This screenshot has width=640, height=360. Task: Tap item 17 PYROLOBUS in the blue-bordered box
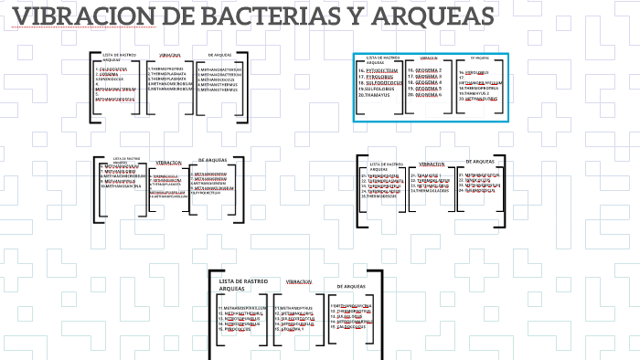point(379,76)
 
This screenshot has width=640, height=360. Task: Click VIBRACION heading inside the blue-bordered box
point(429,58)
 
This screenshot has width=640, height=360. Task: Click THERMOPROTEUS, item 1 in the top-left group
point(166,68)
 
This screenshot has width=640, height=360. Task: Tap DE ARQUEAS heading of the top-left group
point(220,55)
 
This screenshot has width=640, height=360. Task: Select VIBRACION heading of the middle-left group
point(168,163)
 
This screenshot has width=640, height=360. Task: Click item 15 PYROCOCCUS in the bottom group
point(234,329)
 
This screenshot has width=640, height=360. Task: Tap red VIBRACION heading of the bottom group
point(299,282)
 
